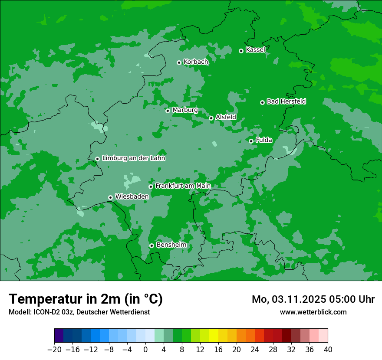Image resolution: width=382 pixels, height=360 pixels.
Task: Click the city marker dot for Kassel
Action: (241, 51)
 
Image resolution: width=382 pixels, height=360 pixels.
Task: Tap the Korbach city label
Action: (196, 62)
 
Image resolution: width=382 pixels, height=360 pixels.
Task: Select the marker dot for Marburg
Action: (168, 111)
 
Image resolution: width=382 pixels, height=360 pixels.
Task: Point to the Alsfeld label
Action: (226, 117)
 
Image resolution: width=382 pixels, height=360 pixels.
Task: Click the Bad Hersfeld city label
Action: (286, 101)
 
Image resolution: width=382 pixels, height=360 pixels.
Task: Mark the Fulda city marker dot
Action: (251, 141)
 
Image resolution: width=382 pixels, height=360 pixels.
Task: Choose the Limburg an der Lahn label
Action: (133, 158)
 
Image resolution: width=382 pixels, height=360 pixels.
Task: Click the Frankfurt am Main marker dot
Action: (151, 187)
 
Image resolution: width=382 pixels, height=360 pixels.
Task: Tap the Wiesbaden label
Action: (132, 196)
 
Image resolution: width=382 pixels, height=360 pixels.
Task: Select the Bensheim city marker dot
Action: (151, 245)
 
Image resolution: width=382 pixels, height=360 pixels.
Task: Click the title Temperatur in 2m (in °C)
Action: (86, 299)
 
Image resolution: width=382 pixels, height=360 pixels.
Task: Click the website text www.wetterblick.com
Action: (313, 312)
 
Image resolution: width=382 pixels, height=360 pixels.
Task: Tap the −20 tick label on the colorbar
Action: (54, 350)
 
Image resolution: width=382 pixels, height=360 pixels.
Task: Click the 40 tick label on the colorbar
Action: (328, 350)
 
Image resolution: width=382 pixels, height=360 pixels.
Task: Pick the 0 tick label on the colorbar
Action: (145, 350)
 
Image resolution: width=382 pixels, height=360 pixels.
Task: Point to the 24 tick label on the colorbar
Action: (255, 350)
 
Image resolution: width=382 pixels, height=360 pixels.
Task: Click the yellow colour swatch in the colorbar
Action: (214, 336)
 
